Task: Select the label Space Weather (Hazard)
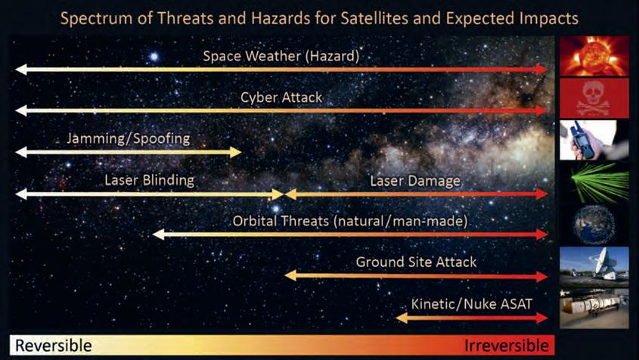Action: (281, 56)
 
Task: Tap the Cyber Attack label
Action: (281, 98)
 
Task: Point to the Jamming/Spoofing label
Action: (129, 139)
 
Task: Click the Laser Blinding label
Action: (149, 181)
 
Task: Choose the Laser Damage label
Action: (415, 181)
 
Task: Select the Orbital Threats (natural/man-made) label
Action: (350, 222)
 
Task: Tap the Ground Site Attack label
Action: (416, 262)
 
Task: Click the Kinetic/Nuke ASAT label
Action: (472, 304)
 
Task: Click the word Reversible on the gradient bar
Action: (54, 346)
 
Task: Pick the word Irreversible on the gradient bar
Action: (507, 346)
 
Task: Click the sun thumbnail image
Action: (594, 56)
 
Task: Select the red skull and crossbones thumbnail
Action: (594, 98)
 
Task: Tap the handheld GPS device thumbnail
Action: (594, 140)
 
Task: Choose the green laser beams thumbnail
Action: (594, 182)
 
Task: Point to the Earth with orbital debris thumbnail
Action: (594, 225)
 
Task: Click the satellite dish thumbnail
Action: (594, 267)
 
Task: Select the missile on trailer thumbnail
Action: (594, 309)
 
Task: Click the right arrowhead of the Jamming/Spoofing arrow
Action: (235, 153)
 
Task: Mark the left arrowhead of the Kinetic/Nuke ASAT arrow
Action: (402, 318)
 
